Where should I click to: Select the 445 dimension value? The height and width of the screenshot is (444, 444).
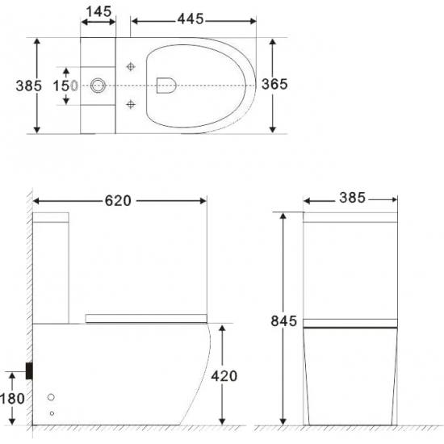coord(203,18)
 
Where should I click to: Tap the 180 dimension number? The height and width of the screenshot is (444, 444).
coord(14,398)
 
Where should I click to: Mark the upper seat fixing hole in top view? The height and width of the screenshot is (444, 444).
coord(131,65)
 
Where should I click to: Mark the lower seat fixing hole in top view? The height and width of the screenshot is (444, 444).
coord(131,103)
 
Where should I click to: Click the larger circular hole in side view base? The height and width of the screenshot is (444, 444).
coord(52,398)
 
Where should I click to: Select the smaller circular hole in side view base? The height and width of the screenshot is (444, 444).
coord(52,413)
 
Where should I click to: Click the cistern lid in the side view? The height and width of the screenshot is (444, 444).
coord(52,217)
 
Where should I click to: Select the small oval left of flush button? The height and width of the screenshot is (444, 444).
coord(74,85)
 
